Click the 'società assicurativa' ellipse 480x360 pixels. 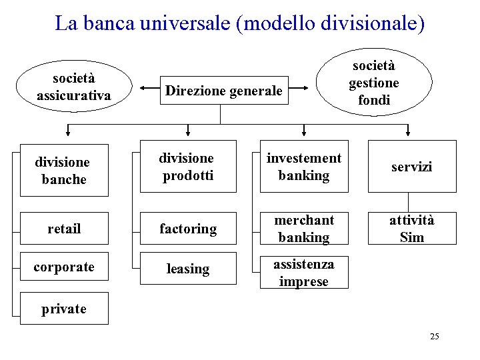tap(74, 88)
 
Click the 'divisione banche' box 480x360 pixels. tap(64, 171)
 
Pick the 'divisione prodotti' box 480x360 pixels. tap(187, 166)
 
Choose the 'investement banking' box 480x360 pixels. tap(304, 166)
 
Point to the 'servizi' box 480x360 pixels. tap(411, 167)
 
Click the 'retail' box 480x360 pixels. tap(64, 229)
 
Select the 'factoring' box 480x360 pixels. tap(187, 229)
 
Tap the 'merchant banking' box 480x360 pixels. tap(304, 228)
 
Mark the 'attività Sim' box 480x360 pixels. tap(411, 228)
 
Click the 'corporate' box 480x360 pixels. tap(64, 267)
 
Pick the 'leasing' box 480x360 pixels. tap(187, 269)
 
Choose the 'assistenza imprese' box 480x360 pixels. tap(304, 273)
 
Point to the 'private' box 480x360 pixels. tap(64, 309)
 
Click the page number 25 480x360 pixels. tap(434, 336)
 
